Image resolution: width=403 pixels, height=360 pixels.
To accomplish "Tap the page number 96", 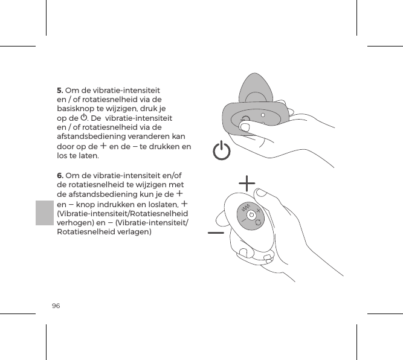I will coord(56,306).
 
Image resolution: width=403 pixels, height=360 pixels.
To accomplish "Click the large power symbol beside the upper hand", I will coord(222,151).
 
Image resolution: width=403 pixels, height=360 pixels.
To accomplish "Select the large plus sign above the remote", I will coord(247,182).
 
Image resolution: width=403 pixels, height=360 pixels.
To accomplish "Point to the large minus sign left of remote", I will coord(216,233).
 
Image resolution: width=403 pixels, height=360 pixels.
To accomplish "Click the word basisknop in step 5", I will coord(77,109).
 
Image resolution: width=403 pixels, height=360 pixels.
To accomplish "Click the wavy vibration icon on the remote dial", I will coord(246,209).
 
